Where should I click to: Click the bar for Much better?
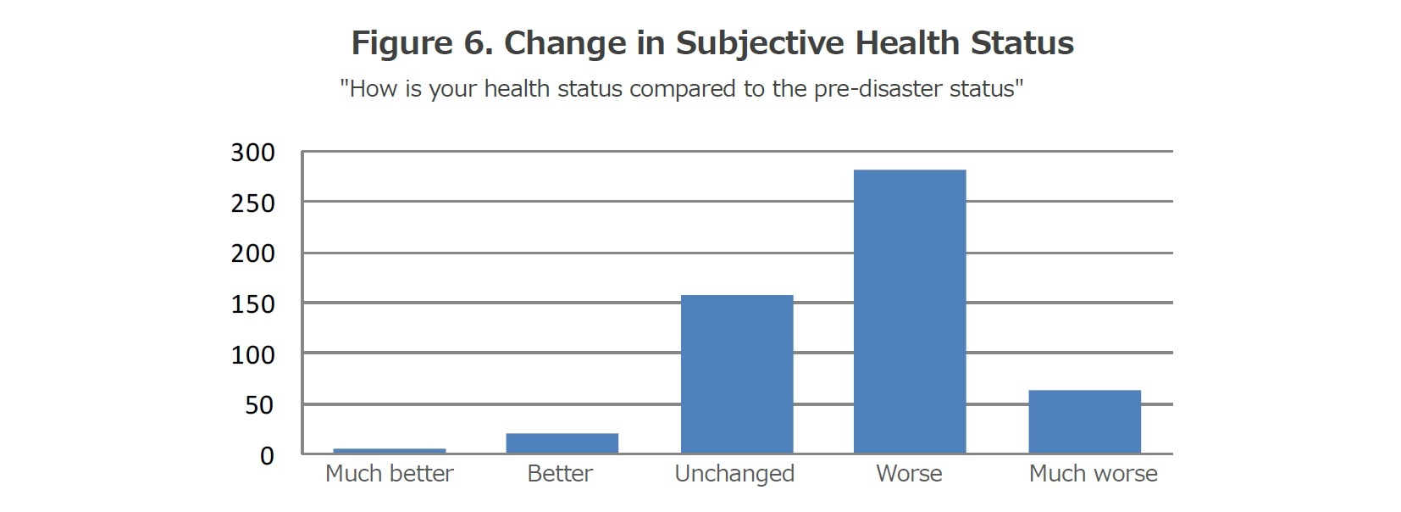point(390,451)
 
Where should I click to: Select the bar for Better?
point(562,443)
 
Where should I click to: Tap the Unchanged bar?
point(737,374)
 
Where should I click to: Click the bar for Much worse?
point(1084,421)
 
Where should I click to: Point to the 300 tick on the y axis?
point(253,153)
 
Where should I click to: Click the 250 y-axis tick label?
point(253,203)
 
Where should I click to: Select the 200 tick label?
point(253,253)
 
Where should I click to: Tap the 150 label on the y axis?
point(253,304)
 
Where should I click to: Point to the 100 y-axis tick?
point(253,354)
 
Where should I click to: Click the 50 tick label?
point(260,405)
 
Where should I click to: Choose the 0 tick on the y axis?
point(267,456)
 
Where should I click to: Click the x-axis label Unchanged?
point(734,474)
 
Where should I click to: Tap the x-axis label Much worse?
point(1093,474)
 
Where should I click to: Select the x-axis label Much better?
point(390,474)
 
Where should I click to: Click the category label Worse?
point(909,474)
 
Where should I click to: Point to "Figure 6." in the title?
point(422,44)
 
